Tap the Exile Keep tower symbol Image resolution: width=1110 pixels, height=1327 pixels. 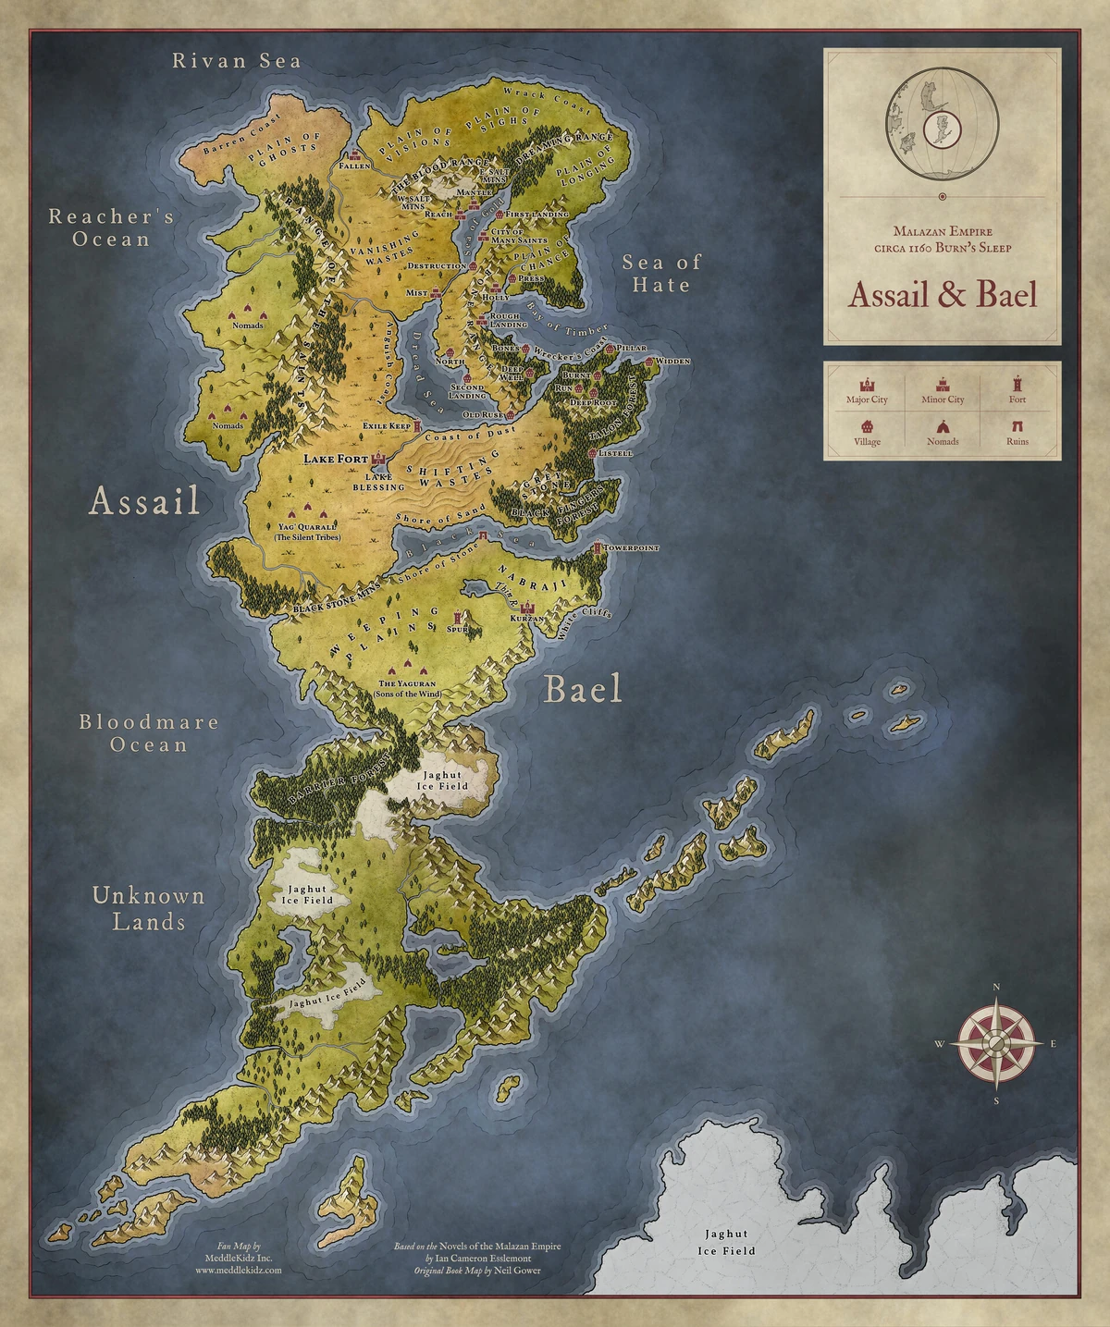click(417, 425)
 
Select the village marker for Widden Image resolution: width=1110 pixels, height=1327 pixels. click(650, 361)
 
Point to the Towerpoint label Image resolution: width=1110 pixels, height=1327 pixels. click(632, 548)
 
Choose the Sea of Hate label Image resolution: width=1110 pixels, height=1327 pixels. click(660, 273)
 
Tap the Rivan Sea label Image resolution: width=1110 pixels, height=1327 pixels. click(237, 61)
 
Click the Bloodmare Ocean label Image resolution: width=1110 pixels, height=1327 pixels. click(148, 732)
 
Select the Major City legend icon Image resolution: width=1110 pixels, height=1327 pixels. click(867, 384)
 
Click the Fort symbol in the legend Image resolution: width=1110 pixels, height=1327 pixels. click(1017, 383)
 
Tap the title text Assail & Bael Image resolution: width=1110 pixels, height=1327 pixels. click(943, 294)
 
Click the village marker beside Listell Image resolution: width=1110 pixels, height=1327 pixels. click(594, 453)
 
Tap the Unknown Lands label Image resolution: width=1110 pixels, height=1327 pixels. click(148, 908)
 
